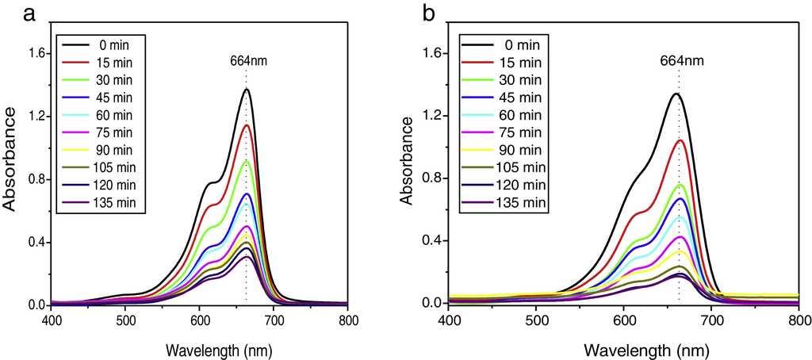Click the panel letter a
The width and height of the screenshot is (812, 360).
coord(29,13)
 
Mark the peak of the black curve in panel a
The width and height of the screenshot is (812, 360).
coord(246,90)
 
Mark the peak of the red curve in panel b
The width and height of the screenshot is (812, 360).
coord(680,140)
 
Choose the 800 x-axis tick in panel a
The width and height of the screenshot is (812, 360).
coord(347,320)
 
